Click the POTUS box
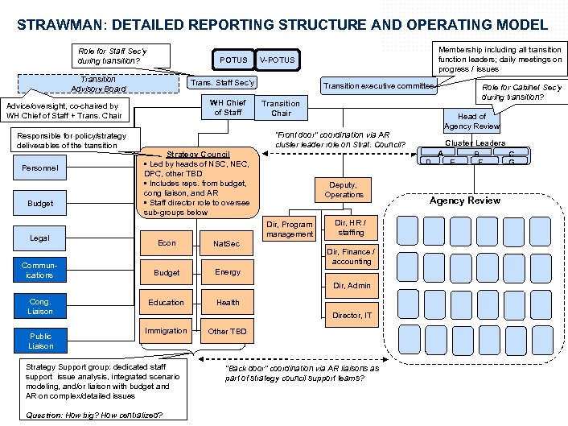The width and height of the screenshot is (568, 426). [x=233, y=60]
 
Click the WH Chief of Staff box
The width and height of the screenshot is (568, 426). [x=228, y=107]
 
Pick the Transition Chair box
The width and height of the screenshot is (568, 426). [x=281, y=108]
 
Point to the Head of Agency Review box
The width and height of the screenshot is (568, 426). [x=472, y=122]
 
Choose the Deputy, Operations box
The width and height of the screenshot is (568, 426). [x=344, y=190]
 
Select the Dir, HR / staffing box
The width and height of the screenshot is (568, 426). [x=351, y=227]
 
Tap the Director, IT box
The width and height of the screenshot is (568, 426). [x=352, y=315]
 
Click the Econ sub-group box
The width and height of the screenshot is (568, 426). [x=167, y=242]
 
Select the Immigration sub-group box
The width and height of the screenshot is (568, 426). [x=167, y=331]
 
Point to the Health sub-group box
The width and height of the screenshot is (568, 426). [x=228, y=302]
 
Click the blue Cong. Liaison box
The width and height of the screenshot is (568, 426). [x=41, y=306]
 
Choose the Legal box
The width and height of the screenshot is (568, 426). [x=39, y=238]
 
